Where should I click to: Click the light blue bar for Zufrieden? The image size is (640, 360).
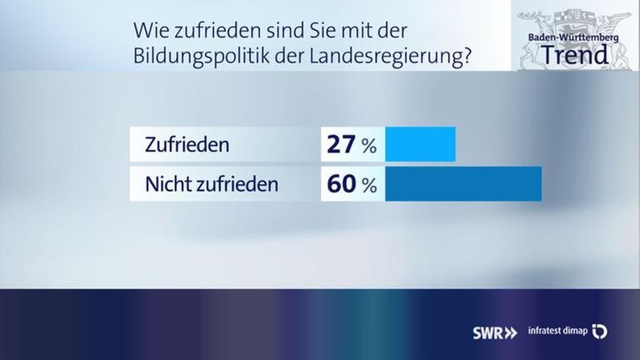[x=422, y=144]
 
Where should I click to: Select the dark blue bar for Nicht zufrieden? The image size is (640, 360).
[x=463, y=184]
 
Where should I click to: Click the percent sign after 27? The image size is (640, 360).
[x=368, y=147]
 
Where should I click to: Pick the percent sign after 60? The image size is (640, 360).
[x=368, y=186]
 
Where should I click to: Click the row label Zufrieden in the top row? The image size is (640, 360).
[x=187, y=145]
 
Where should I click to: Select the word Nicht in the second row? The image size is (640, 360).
[x=168, y=184]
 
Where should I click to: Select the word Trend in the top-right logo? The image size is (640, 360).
[x=574, y=55]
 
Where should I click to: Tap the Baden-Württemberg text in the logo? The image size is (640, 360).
[x=574, y=37]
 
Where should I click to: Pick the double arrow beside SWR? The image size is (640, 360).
[x=510, y=332]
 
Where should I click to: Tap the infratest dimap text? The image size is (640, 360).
[x=557, y=332]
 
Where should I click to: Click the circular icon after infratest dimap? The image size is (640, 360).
[x=599, y=332]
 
